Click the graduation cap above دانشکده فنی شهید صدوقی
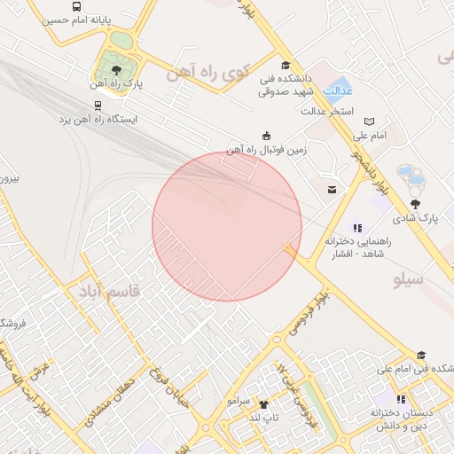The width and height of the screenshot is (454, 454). coord(285,65)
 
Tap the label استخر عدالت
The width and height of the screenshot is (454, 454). coord(327,112)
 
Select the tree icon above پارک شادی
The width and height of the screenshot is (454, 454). coord(415,204)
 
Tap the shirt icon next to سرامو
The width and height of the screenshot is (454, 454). coord(262,402)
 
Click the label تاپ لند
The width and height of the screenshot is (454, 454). coord(263,417)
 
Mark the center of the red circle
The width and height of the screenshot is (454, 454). coord(227,226)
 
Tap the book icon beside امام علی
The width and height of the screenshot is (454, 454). coord(370,121)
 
